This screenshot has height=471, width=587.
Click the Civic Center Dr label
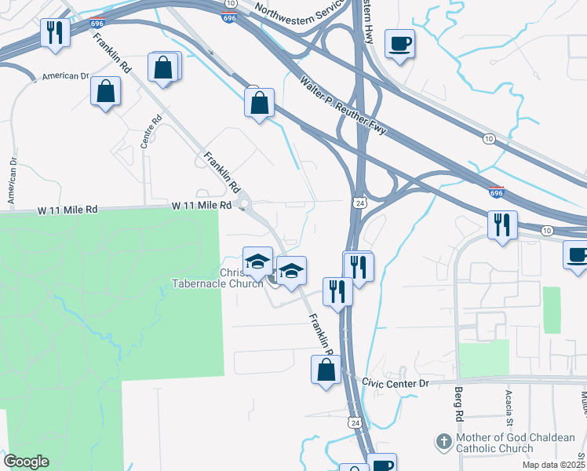point(396,383)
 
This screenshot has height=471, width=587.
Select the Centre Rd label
point(151,132)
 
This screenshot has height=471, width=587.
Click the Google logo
point(26,462)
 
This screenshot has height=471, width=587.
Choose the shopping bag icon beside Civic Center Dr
point(326,369)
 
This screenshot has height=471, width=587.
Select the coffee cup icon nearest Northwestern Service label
point(399,43)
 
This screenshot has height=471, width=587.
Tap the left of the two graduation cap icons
point(257,261)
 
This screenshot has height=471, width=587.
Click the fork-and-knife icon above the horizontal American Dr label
point(55,33)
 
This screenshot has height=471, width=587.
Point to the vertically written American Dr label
point(13,181)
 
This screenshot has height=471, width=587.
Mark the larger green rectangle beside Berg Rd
point(484,358)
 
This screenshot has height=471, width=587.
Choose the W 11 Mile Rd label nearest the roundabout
point(202,205)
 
